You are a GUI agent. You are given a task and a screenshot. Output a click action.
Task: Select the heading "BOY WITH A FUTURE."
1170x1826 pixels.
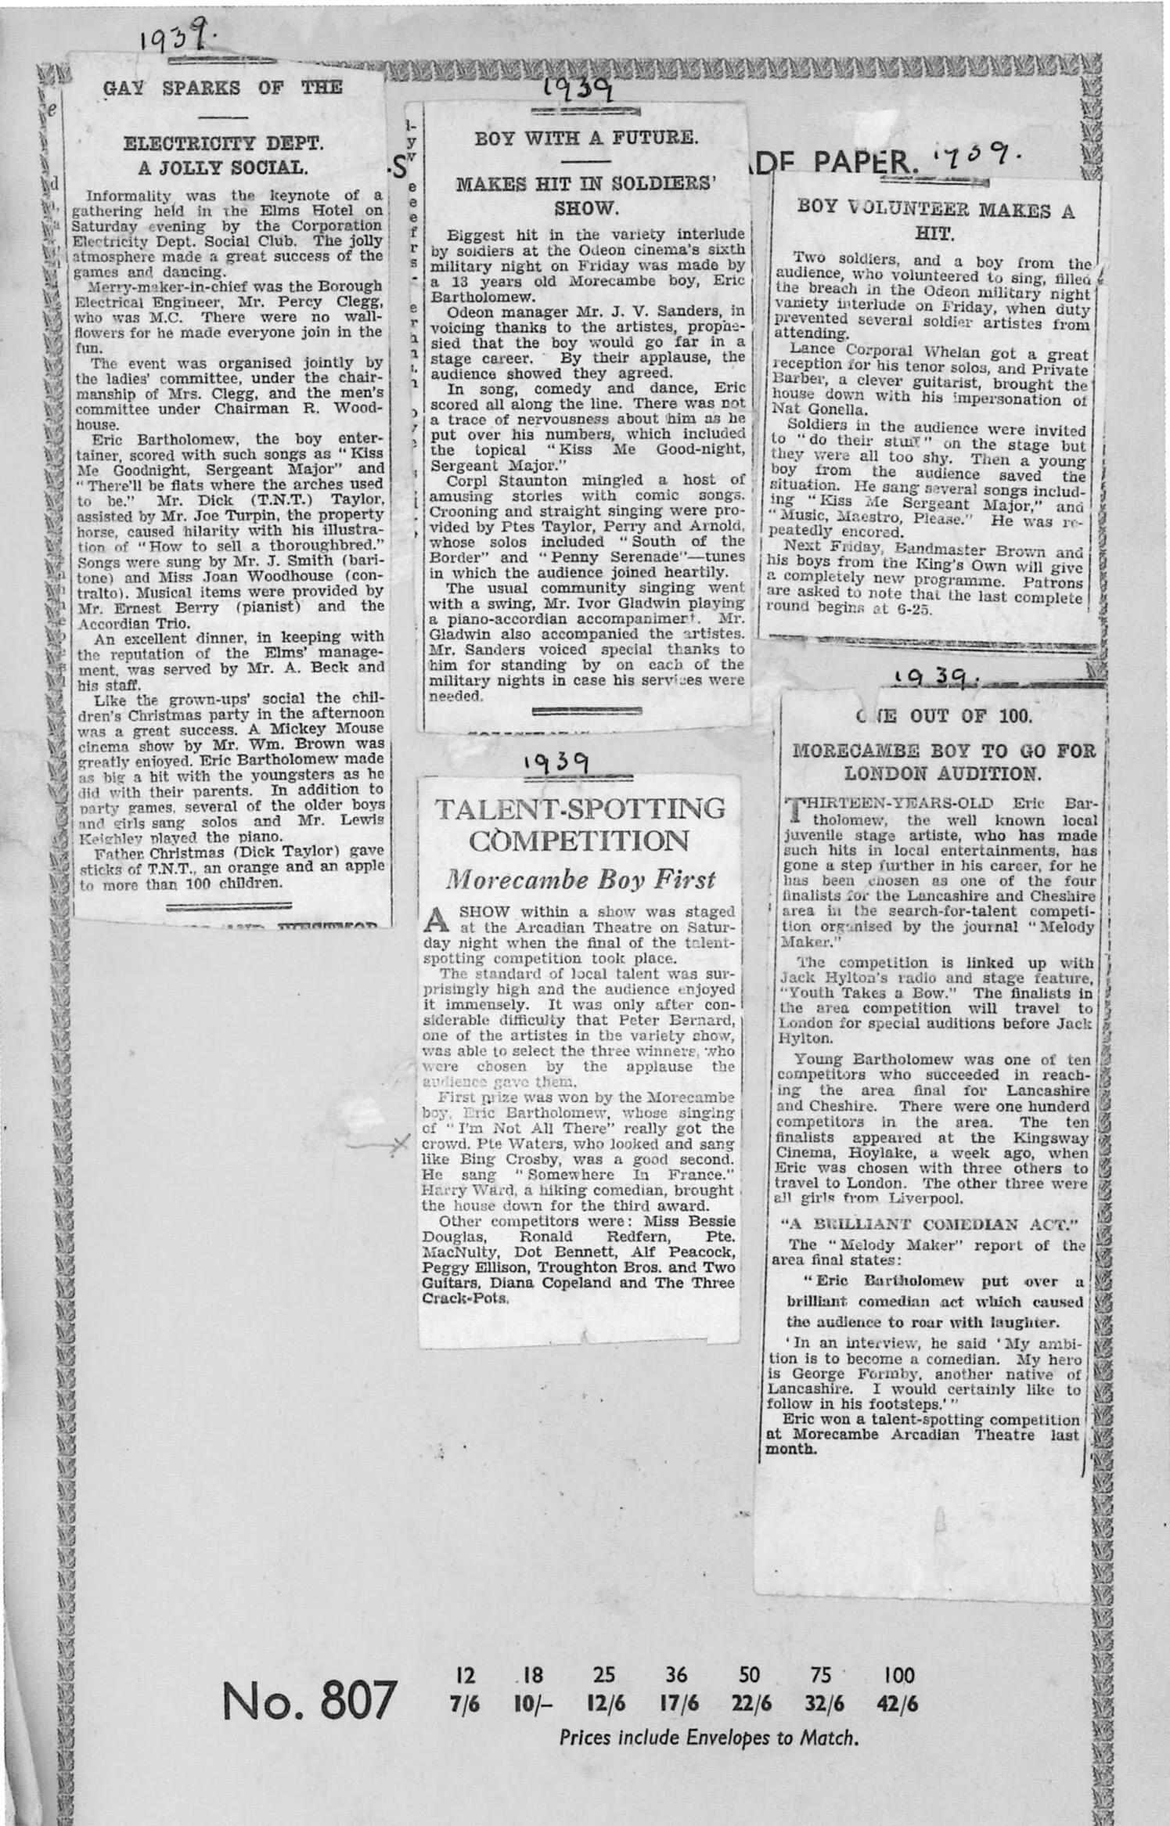585,138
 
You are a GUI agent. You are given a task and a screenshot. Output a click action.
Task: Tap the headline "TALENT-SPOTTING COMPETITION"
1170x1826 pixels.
579,824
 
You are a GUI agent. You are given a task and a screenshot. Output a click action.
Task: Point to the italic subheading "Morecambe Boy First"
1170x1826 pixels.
580,880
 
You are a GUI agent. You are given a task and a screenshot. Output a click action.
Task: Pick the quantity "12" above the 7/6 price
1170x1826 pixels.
465,1675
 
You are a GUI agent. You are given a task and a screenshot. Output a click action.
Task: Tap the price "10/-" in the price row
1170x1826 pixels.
534,1703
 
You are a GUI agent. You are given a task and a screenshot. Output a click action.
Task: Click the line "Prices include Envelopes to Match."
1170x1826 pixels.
708,1738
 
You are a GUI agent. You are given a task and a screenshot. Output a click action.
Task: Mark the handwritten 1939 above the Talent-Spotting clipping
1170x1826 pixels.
557,762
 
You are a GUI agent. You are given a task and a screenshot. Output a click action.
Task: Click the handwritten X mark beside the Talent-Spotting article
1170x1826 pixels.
398,1145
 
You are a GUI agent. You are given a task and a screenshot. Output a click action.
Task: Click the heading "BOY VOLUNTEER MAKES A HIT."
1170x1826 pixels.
935,221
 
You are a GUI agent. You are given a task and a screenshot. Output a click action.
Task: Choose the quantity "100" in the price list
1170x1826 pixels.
898,1675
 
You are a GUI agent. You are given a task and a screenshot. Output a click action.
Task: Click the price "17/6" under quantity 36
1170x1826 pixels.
677,1703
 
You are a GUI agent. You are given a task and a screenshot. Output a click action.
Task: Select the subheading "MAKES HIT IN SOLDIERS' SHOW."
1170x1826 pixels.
586,196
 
